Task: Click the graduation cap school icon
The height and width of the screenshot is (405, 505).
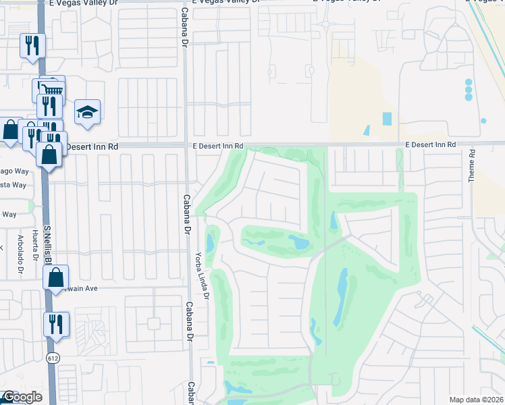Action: [87, 112]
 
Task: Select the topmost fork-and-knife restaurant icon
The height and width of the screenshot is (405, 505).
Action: [32, 46]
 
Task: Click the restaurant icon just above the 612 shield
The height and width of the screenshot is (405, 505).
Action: [56, 323]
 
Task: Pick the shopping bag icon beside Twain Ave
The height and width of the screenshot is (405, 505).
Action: [56, 277]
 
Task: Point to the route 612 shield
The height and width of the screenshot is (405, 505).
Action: [51, 356]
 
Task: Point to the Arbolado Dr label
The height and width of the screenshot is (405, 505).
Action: [21, 253]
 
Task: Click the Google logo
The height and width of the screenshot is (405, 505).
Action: [22, 397]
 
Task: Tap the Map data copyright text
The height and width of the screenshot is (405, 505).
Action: [476, 399]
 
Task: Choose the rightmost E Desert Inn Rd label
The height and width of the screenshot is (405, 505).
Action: [431, 145]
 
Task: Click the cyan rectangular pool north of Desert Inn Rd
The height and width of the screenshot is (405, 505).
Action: [387, 119]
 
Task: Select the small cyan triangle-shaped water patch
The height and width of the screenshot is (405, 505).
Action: [367, 130]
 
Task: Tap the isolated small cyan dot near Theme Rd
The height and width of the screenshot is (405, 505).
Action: [483, 121]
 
